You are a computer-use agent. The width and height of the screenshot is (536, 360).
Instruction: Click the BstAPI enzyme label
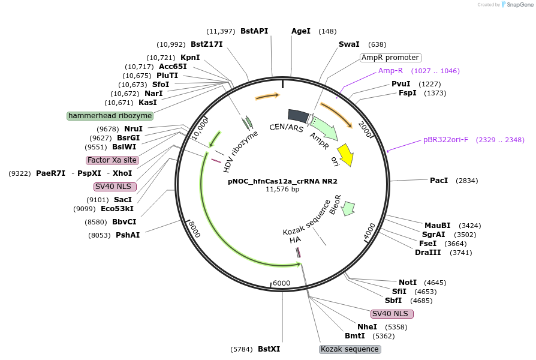pos(254,31)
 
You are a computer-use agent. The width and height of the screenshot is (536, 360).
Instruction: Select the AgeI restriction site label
pos(301,31)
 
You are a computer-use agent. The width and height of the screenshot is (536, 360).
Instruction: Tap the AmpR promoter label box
pos(390,58)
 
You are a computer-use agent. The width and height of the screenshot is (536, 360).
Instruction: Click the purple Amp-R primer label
pos(390,71)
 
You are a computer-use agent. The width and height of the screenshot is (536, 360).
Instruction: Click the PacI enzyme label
pos(439,181)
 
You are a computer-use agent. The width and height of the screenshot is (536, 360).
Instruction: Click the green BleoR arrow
pos(348,209)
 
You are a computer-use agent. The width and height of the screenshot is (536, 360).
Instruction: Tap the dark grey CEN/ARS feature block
pos(298,115)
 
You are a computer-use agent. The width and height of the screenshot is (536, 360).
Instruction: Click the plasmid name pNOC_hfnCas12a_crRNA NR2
pos(282,181)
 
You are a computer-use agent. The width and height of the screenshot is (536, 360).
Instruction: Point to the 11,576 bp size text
pos(282,189)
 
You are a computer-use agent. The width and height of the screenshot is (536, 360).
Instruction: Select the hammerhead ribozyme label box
pos(110,115)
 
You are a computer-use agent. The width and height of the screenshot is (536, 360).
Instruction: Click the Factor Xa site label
pos(112,160)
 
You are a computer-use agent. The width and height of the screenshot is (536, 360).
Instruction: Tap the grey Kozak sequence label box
pos(350,349)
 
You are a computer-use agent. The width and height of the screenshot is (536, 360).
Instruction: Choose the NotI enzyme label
pos(408,282)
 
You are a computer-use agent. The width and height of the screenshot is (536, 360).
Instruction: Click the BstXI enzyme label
pos(269,349)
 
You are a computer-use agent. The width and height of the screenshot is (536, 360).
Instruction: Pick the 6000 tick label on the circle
pos(281,284)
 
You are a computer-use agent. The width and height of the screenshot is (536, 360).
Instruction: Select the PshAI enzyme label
pos(128,235)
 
